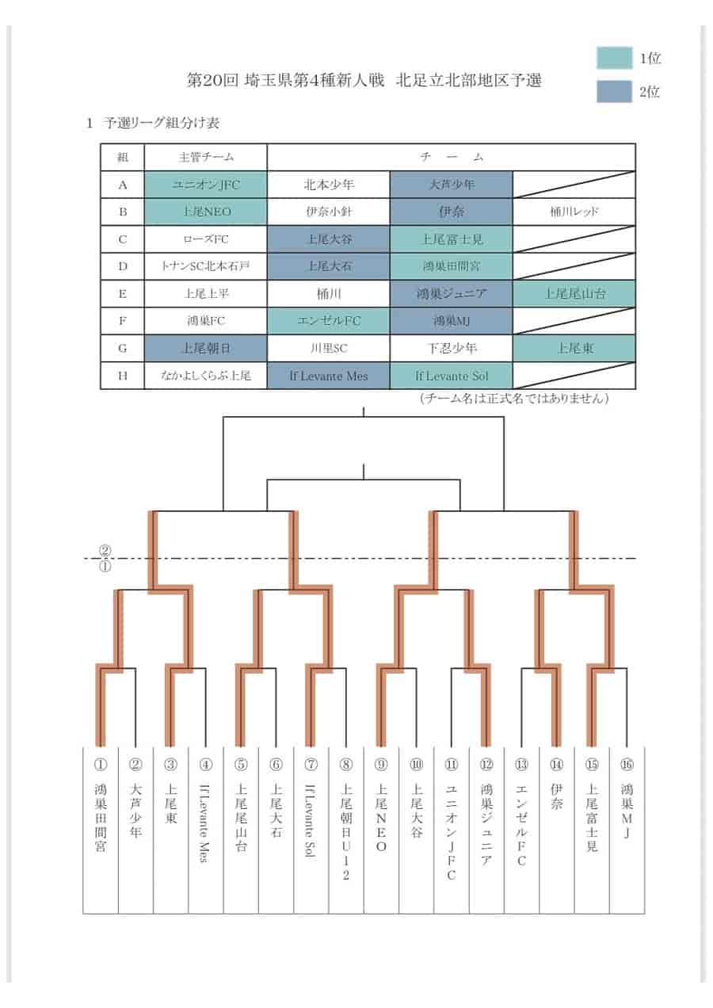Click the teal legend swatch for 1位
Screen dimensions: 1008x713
point(614,57)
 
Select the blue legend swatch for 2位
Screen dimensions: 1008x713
point(614,91)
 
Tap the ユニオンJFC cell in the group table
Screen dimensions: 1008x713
point(206,185)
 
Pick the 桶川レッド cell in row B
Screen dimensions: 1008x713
point(574,212)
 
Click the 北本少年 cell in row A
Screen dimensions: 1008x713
point(329,185)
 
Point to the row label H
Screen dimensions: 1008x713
point(122,376)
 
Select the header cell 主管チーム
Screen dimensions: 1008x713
point(206,157)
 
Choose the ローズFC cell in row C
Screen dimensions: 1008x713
point(206,239)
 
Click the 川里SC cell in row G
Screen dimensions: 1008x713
point(329,348)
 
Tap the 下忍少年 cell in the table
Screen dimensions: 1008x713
point(451,348)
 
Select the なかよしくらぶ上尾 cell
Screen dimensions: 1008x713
point(206,376)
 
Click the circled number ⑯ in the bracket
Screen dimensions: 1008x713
point(627,765)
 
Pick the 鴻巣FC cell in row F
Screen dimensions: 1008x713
point(206,321)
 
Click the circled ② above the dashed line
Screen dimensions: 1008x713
point(105,551)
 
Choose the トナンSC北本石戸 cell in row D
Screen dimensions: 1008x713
point(206,266)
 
